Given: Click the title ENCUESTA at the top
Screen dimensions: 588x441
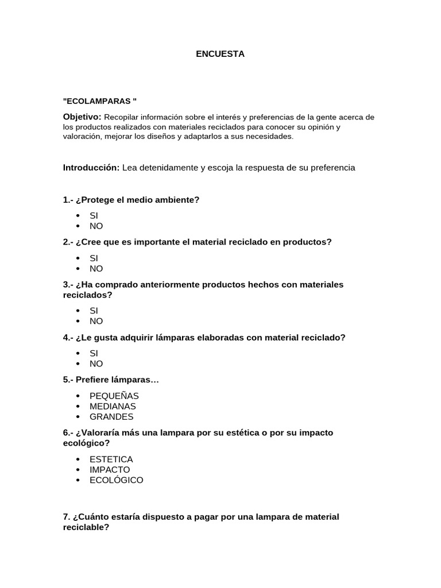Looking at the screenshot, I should [x=220, y=54].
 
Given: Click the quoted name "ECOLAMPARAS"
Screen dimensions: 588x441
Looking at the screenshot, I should [x=100, y=101].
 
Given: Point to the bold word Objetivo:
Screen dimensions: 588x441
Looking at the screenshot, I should [x=82, y=117].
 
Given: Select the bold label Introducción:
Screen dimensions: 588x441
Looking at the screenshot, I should [x=91, y=168].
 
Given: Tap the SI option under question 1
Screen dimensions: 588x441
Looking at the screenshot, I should [x=94, y=216].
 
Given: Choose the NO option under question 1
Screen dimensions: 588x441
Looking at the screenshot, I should [x=96, y=226].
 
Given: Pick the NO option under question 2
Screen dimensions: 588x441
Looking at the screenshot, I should [x=96, y=269].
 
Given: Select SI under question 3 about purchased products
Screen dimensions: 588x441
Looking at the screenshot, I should [x=94, y=311].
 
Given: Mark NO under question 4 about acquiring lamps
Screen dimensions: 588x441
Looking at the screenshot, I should [x=96, y=364].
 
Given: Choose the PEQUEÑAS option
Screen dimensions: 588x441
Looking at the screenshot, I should [x=114, y=396].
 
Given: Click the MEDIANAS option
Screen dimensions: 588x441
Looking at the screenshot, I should [x=113, y=407].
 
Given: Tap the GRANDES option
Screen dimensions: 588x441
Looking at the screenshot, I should [x=111, y=417].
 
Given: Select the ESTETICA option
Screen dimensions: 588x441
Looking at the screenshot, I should [x=111, y=459].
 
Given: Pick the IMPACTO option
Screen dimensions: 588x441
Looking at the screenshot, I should [x=110, y=470].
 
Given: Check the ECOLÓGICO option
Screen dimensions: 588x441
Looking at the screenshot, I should [x=116, y=480].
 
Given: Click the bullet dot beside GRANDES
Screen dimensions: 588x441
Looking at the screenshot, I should [x=78, y=417].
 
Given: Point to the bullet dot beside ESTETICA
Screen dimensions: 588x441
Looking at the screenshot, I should [x=78, y=459].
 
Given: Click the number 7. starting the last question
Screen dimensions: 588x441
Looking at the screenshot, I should [x=67, y=517].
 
